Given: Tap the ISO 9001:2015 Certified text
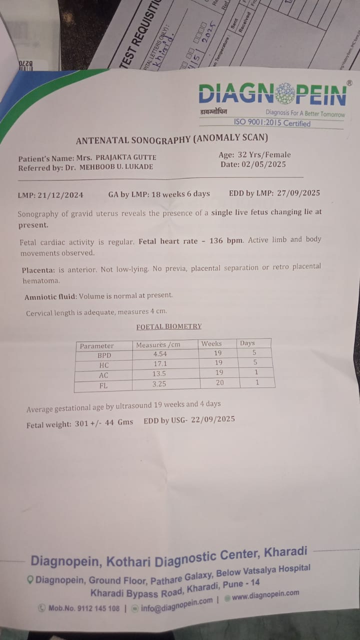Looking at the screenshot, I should tap(272, 123).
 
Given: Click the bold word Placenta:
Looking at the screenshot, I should tap(37, 270).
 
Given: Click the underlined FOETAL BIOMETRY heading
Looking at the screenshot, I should tap(169, 326).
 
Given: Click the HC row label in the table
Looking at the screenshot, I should tap(104, 365).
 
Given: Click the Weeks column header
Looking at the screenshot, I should tap(211, 343).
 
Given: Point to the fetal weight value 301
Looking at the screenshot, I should tap(81, 423).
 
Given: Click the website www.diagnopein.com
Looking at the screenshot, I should tap(265, 594).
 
